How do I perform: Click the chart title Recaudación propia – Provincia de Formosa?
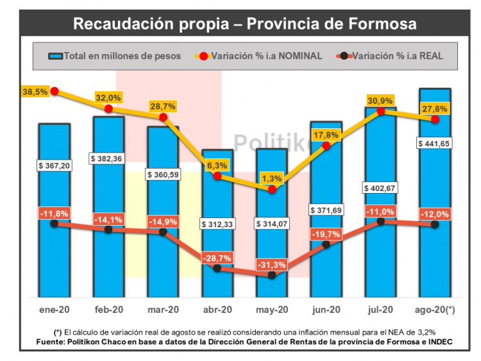(x=245, y=24)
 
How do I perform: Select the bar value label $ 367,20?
(x=54, y=165)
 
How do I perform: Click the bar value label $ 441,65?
(x=435, y=143)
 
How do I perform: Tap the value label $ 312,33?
(x=217, y=224)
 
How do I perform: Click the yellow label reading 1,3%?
(x=272, y=178)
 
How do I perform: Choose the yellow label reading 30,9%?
(x=380, y=101)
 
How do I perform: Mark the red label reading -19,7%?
(x=326, y=234)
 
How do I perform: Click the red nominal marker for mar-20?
(x=163, y=117)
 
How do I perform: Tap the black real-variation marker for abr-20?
(x=217, y=268)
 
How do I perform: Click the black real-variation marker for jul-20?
(x=381, y=221)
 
